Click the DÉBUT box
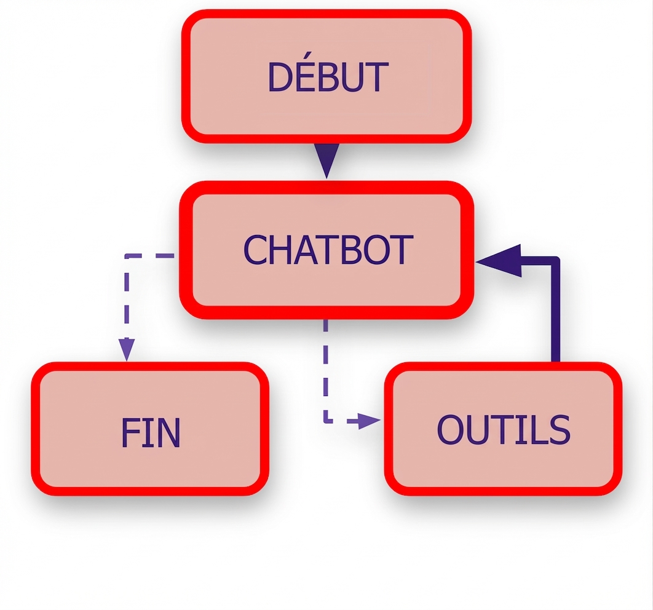click(x=326, y=76)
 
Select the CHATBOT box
click(x=326, y=250)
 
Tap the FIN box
click(x=150, y=429)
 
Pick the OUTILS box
click(x=503, y=429)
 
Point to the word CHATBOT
click(x=328, y=250)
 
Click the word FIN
click(x=151, y=432)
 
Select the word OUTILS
click(x=504, y=429)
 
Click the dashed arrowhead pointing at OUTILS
click(x=369, y=421)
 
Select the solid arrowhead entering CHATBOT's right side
click(x=499, y=261)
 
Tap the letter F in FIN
click(x=130, y=432)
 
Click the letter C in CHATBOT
click(x=255, y=250)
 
